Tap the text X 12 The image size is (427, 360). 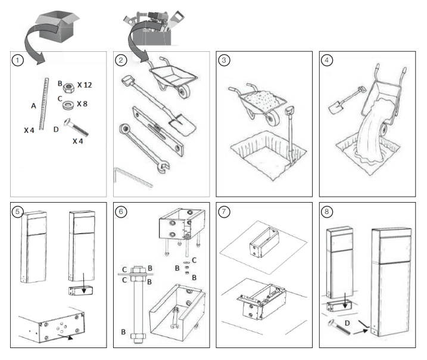coord(85,86)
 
